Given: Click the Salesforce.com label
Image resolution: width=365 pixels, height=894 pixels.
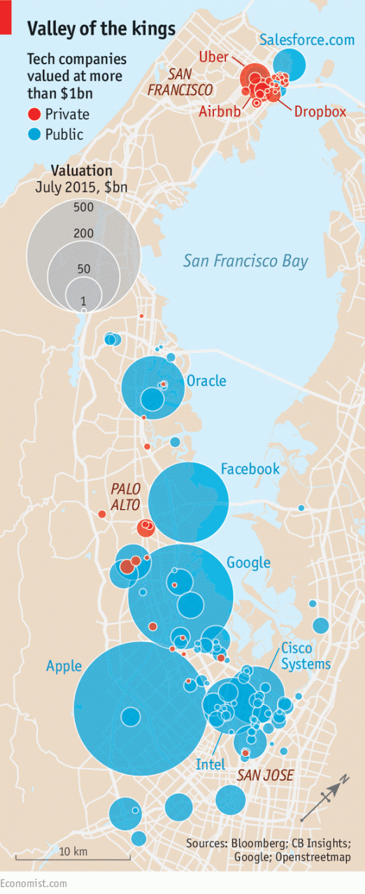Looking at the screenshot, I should tap(307, 40).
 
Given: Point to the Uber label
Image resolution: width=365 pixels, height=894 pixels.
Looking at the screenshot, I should tap(214, 57).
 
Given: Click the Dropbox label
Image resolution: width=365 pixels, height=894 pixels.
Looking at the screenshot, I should tap(320, 111).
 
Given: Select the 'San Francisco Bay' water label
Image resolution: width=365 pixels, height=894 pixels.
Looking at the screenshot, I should tap(245, 261).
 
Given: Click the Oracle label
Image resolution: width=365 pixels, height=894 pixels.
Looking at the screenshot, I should tap(206, 381).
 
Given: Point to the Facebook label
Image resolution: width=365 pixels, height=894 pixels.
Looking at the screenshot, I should tap(250, 469).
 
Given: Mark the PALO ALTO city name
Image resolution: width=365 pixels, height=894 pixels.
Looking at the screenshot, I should tap(125, 495).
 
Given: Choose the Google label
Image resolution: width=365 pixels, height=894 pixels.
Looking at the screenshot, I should tap(248, 562).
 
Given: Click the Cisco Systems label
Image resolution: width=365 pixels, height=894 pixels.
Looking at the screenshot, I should tap(306, 655).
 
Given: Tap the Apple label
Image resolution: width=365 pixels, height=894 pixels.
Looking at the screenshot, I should tap(64, 666).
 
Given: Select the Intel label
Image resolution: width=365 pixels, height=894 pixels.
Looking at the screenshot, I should tap(210, 765).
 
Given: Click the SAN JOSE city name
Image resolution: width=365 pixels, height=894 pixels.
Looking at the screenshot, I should tap(265, 775).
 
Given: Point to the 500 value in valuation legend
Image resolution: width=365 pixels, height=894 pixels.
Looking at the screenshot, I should tap(83, 207).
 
